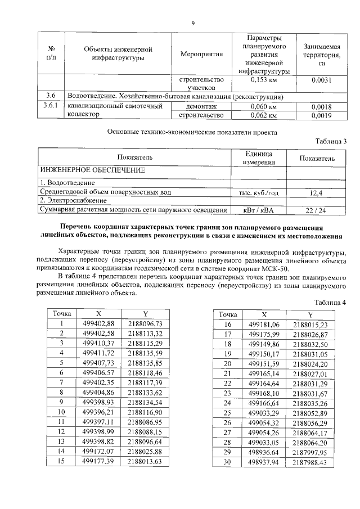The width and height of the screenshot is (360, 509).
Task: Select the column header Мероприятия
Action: [x=202, y=54]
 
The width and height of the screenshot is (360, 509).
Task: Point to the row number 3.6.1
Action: [x=51, y=106]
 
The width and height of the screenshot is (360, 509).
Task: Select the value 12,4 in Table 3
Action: [x=316, y=192]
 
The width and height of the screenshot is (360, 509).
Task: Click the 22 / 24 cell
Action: [x=316, y=210]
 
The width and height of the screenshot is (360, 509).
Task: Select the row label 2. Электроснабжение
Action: [x=73, y=201]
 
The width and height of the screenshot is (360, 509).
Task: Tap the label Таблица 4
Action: [x=330, y=302]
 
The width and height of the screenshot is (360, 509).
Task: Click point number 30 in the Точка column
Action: [x=228, y=462]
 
